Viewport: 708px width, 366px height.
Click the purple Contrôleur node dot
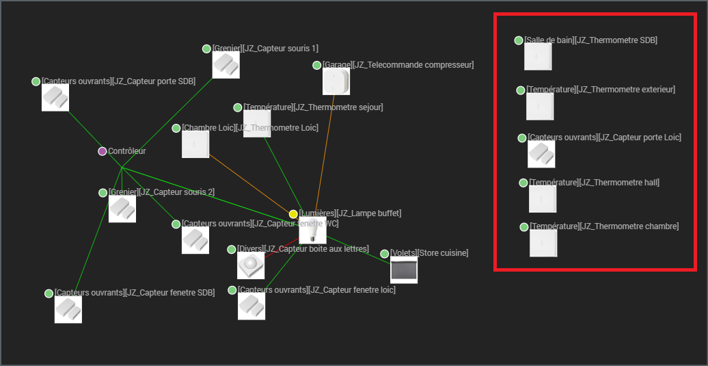coord(103,151)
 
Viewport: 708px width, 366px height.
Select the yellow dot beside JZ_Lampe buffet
coord(293,214)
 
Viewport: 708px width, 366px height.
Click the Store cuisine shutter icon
coord(403,270)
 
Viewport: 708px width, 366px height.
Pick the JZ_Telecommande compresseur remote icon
coord(336,81)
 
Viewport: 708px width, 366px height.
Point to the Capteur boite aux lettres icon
coord(251,265)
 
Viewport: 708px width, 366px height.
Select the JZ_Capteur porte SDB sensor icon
coord(55,98)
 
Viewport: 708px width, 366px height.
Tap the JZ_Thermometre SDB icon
coord(538,57)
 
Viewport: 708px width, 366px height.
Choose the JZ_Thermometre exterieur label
coord(601,90)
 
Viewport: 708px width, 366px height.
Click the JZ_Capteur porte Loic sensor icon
coord(541,154)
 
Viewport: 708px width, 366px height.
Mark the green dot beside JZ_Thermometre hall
coord(523,183)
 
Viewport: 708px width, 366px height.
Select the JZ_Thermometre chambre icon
coord(543,243)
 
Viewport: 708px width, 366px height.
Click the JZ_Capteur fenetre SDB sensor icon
coord(68,310)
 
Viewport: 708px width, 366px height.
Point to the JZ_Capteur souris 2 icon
coord(122,209)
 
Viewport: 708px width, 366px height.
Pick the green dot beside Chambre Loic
coord(176,128)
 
